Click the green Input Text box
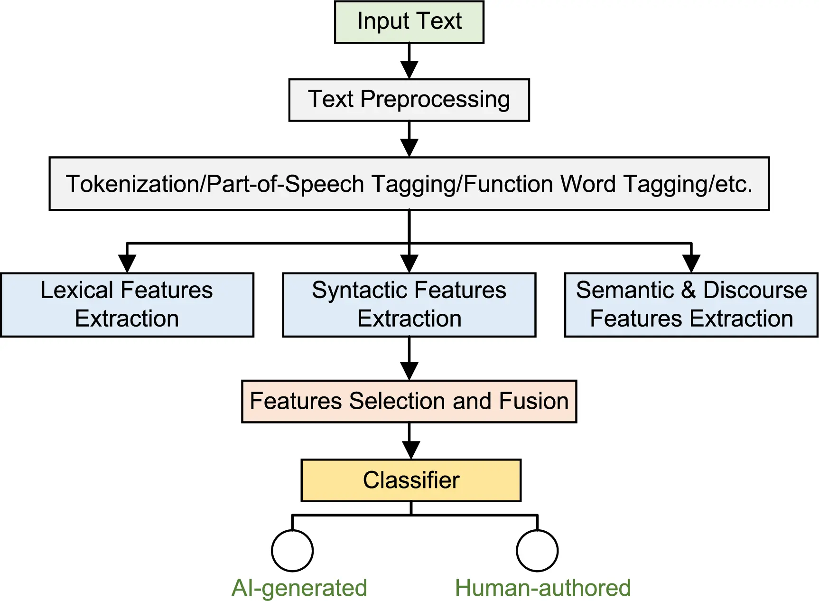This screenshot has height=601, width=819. [x=409, y=22]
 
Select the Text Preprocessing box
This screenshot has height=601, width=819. [x=409, y=100]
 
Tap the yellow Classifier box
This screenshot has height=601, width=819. [x=411, y=480]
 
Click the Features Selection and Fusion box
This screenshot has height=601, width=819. [x=409, y=401]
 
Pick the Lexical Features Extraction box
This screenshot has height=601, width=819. [x=127, y=305]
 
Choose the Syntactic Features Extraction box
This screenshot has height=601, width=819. [x=409, y=305]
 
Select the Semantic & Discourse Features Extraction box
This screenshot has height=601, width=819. [x=691, y=305]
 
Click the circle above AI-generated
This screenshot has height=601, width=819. [x=292, y=551]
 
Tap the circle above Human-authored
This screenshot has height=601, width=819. [x=537, y=551]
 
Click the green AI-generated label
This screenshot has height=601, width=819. [x=299, y=588]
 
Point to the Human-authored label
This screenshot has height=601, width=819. [x=543, y=588]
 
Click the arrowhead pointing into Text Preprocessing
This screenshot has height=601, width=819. [x=409, y=70]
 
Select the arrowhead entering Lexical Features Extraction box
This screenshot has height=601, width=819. [x=127, y=263]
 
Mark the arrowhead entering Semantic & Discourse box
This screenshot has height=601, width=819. [x=691, y=263]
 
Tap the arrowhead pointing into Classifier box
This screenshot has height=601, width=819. [x=411, y=450]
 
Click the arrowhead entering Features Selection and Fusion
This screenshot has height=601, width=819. [x=409, y=371]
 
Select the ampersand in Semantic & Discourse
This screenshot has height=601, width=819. [x=689, y=290]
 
